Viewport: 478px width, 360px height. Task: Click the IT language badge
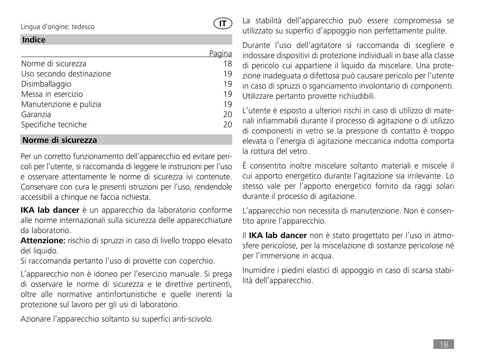point(223,24)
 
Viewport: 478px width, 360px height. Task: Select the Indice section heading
point(34,40)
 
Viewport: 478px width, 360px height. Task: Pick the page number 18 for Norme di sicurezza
point(227,64)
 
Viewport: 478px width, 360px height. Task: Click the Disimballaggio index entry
point(46,84)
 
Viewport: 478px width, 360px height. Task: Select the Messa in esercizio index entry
point(52,94)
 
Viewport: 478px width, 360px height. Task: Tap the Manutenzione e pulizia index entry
point(61,104)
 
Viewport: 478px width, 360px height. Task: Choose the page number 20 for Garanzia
point(227,115)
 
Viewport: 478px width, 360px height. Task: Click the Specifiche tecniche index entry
point(54,125)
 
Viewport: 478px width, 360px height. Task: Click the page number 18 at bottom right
point(443,344)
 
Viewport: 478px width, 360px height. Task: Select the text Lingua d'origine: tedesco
point(57,27)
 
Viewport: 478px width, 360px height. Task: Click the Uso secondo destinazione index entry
point(66,74)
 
